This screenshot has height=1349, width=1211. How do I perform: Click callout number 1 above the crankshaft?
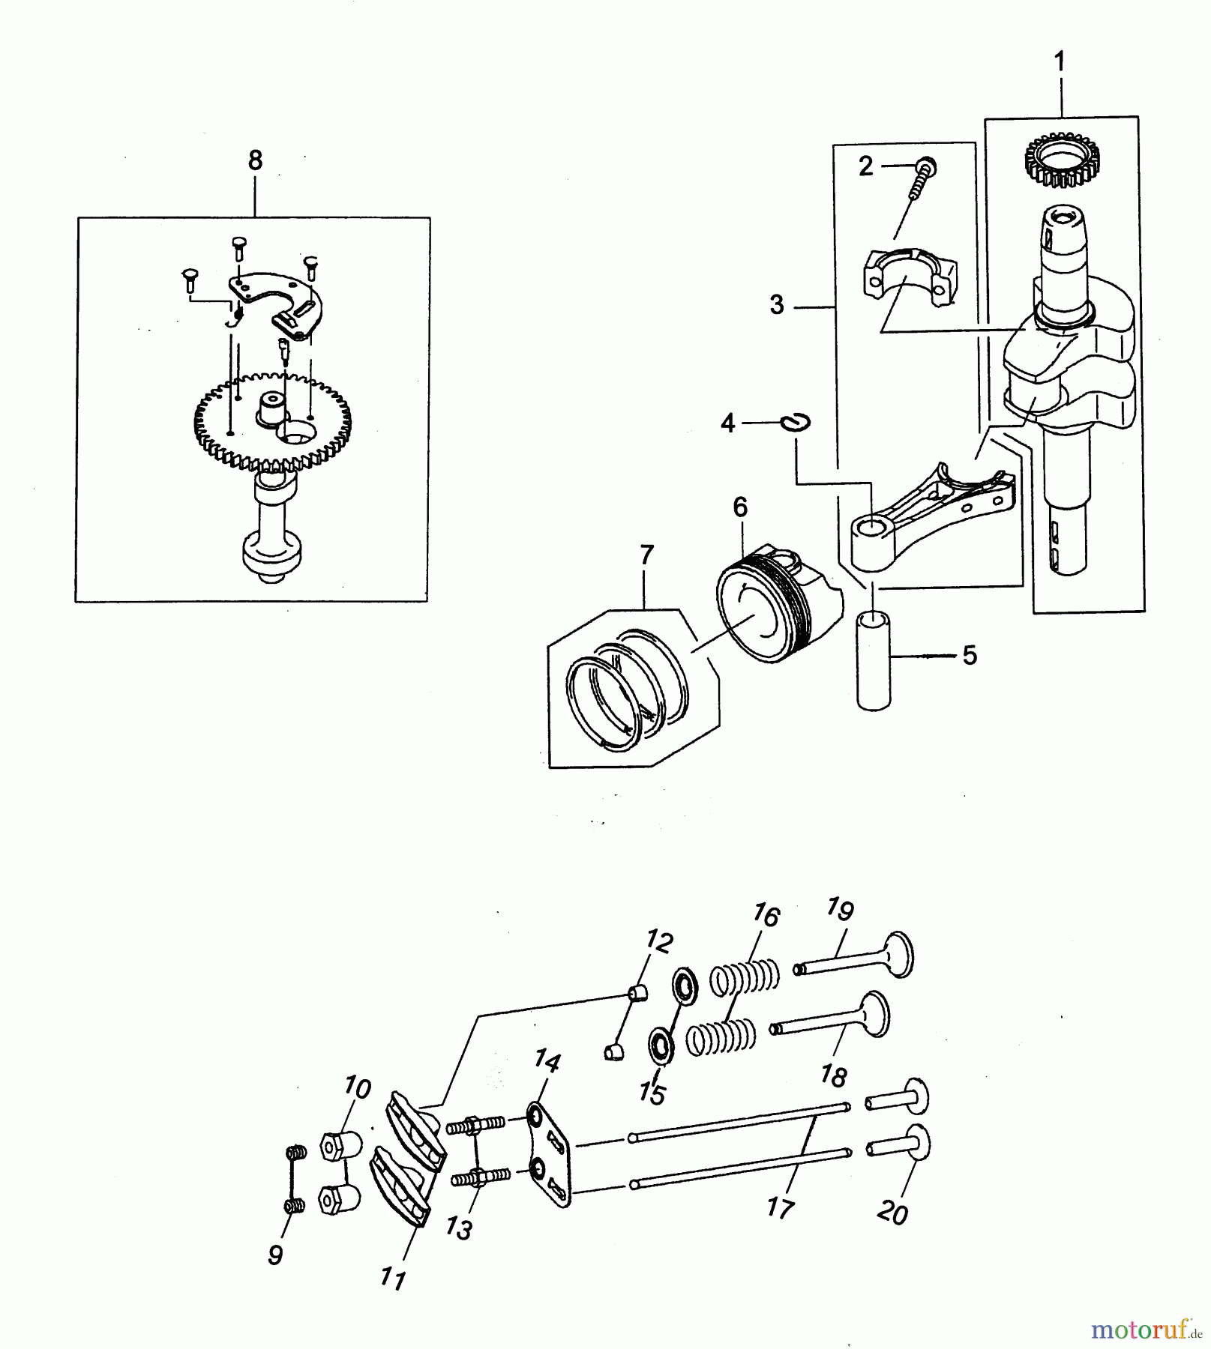[x=1060, y=62]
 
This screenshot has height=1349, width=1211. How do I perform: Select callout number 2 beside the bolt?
[x=866, y=166]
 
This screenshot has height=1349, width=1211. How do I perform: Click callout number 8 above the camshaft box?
[x=256, y=160]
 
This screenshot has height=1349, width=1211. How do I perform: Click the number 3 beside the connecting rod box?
[x=777, y=305]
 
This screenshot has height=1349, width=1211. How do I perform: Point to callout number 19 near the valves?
[x=841, y=910]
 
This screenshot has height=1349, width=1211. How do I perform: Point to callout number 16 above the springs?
[x=766, y=916]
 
